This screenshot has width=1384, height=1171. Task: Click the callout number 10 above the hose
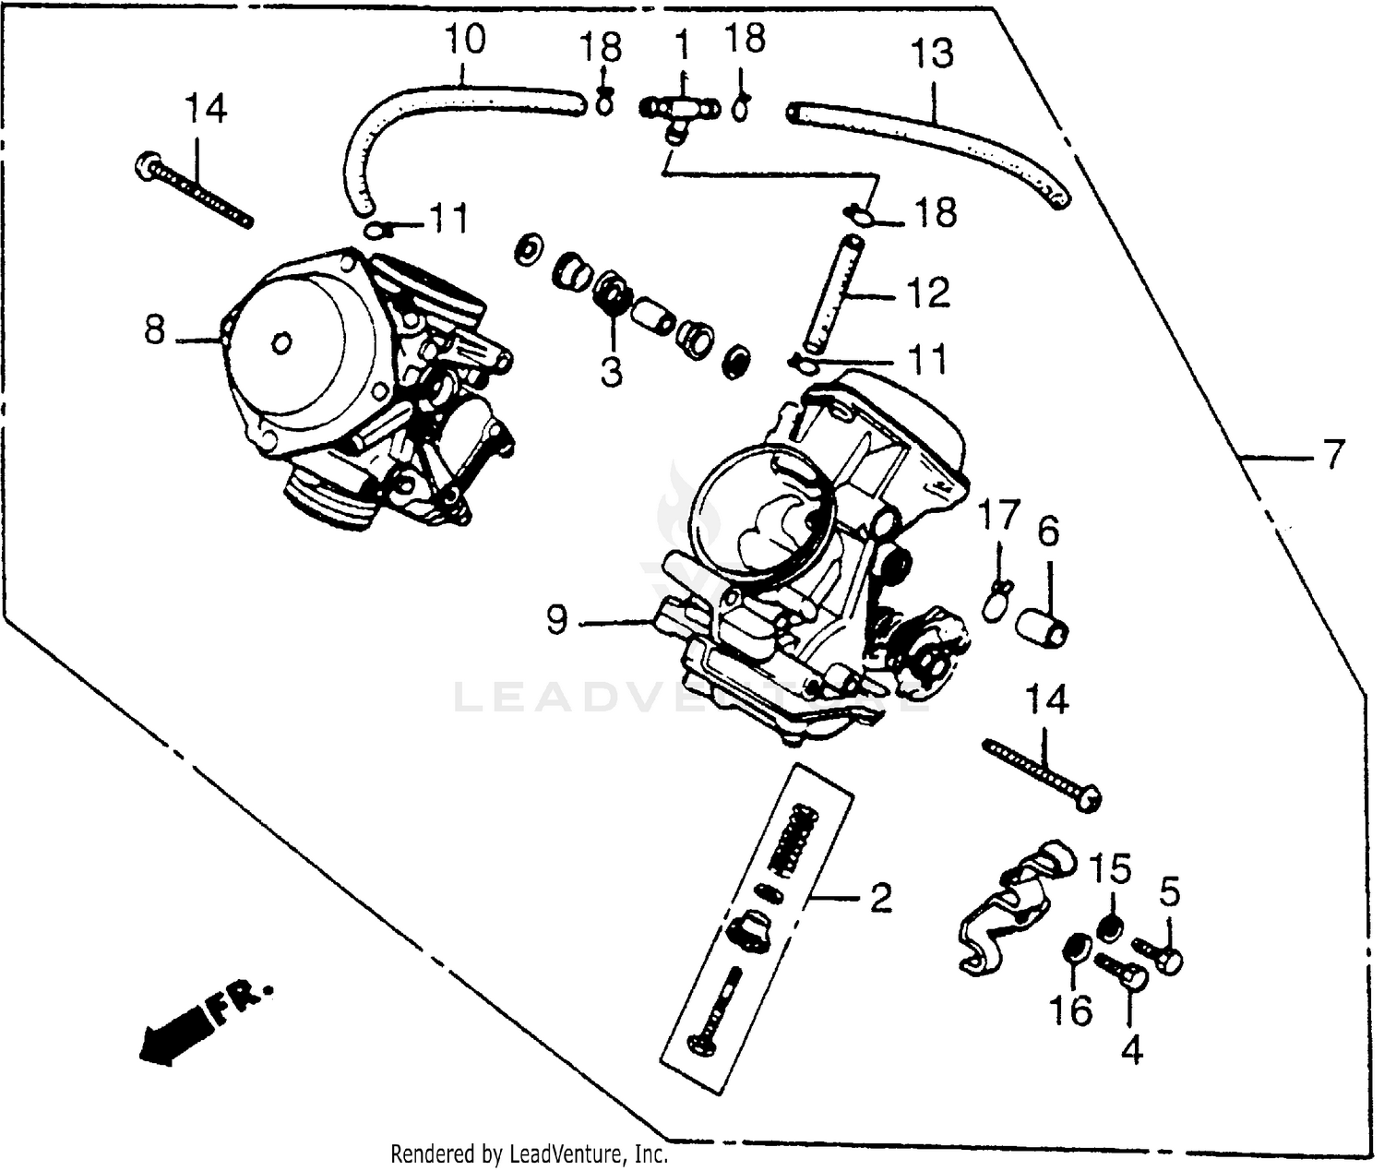click(x=464, y=42)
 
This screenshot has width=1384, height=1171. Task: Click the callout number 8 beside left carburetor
click(x=155, y=329)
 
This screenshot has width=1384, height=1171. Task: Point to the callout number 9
click(x=556, y=620)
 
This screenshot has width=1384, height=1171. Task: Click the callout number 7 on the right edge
click(x=1333, y=454)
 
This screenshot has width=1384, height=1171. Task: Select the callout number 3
click(x=611, y=371)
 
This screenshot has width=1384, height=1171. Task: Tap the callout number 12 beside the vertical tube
click(x=928, y=293)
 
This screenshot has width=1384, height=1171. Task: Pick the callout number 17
click(x=999, y=515)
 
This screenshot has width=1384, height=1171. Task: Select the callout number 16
click(x=1070, y=1010)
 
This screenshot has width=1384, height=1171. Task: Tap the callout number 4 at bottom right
click(x=1131, y=1049)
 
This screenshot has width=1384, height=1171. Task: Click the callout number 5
click(x=1168, y=892)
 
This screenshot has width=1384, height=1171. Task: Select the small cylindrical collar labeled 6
click(x=1042, y=626)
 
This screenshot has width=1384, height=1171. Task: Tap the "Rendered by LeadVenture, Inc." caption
click(x=529, y=1153)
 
